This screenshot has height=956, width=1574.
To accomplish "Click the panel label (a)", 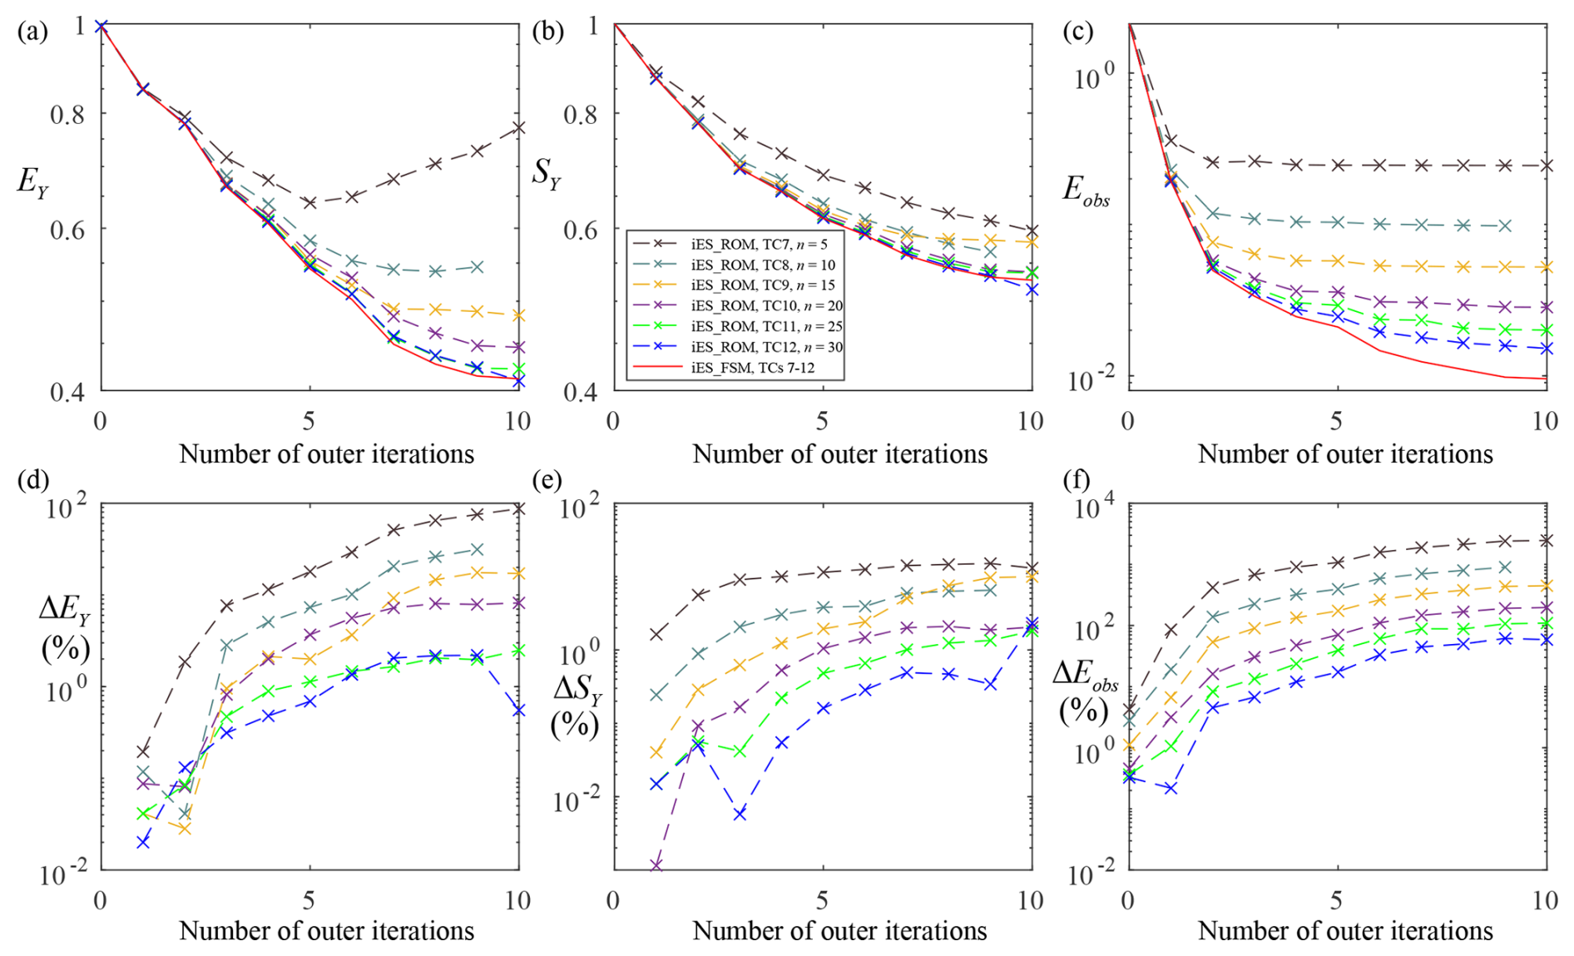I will [32, 32].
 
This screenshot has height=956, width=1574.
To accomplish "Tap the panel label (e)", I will [547, 480].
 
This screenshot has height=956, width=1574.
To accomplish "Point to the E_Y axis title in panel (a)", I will [32, 181].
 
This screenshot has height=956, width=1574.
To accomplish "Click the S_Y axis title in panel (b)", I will [547, 176].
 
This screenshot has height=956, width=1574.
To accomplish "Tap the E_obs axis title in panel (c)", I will [1086, 191].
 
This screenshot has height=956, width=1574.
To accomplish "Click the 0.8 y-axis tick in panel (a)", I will [68, 114].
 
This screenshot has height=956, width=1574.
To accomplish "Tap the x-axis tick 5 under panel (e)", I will [822, 900].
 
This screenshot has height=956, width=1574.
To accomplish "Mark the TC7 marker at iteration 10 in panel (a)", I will [518, 128].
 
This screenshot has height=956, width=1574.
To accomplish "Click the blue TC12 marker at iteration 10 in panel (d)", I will [518, 711].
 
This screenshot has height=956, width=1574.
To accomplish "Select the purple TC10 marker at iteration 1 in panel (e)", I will [656, 866].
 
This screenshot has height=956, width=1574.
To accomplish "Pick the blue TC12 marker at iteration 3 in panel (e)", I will [740, 815].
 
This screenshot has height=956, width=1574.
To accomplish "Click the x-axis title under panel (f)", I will [1344, 930].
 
